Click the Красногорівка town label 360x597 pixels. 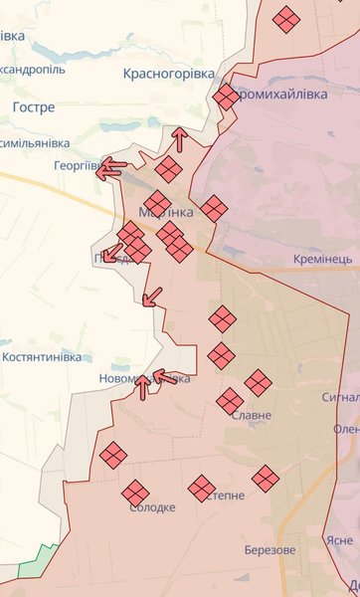(168, 74)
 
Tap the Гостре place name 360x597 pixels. (35, 106)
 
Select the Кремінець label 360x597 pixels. (323, 259)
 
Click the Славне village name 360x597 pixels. (250, 416)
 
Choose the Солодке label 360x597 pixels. (152, 507)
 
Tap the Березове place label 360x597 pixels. (270, 550)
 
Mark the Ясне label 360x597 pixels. (338, 540)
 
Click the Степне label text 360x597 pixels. (224, 496)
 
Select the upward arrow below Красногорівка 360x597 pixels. (179, 138)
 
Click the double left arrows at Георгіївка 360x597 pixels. (110, 168)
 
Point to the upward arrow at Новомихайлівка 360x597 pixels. (143, 386)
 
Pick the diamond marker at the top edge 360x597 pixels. (286, 20)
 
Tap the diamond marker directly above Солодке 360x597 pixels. (135, 492)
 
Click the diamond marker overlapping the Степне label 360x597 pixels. (202, 488)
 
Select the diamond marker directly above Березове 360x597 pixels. (265, 479)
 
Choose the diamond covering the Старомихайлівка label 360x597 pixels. (227, 97)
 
